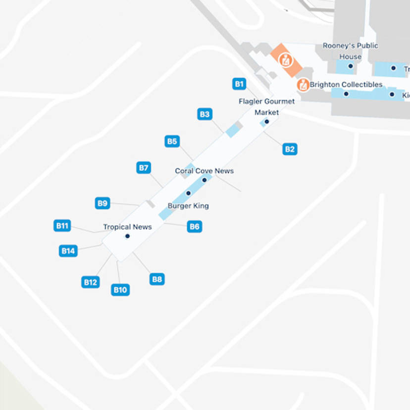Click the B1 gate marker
click(x=240, y=84)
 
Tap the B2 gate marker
click(x=290, y=149)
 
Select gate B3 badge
click(x=205, y=114)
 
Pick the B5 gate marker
click(x=172, y=142)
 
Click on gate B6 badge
click(x=195, y=227)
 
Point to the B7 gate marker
click(x=144, y=168)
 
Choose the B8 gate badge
click(x=157, y=279)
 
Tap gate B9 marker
click(x=102, y=203)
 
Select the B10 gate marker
click(x=120, y=290)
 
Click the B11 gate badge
click(x=62, y=226)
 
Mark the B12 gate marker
click(x=90, y=282)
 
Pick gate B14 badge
click(x=68, y=251)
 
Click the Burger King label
click(x=188, y=206)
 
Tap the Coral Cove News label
click(x=204, y=171)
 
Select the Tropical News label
click(x=127, y=227)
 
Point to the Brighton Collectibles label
click(x=346, y=85)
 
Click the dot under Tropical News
click(x=127, y=236)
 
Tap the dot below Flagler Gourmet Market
click(x=266, y=122)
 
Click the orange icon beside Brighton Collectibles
click(x=303, y=85)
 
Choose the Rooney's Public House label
click(x=350, y=51)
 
